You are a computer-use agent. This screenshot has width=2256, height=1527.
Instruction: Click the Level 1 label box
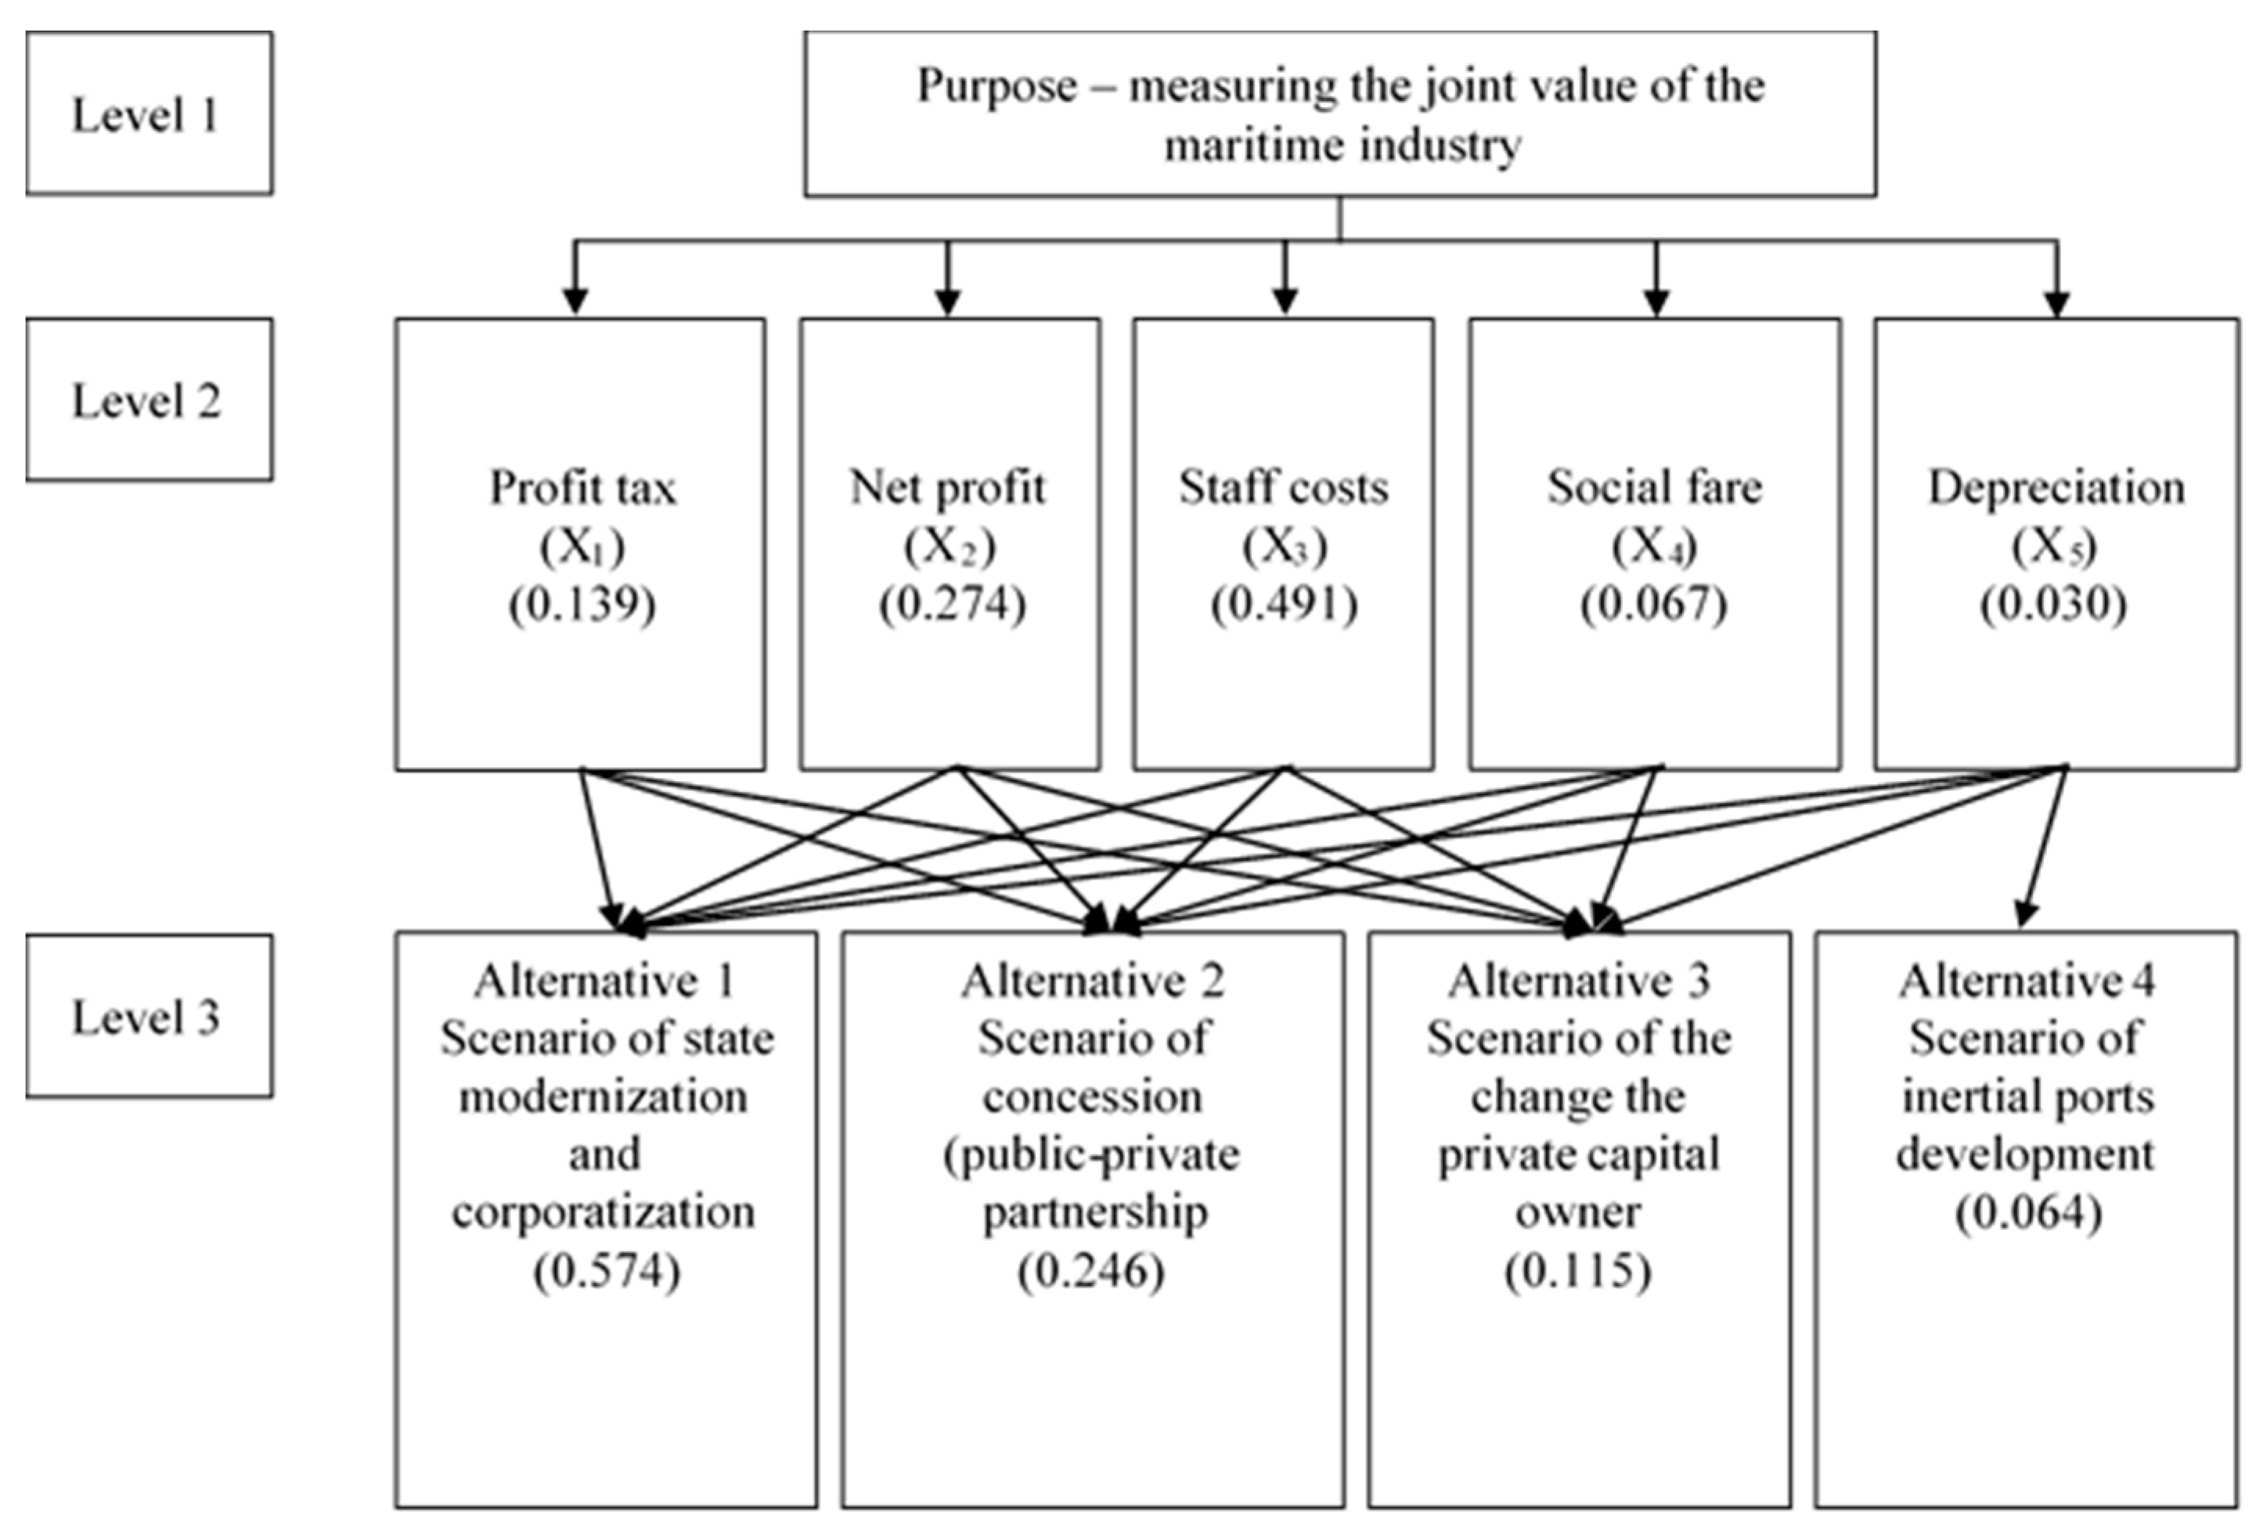(149, 113)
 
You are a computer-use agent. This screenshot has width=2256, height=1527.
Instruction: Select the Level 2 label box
(149, 399)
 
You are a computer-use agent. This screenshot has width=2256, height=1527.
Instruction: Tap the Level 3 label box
(149, 1015)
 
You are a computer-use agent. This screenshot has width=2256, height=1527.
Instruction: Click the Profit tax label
(582, 488)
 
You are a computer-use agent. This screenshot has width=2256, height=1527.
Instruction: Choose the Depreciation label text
(2056, 488)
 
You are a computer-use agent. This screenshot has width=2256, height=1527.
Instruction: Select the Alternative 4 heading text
(2027, 981)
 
